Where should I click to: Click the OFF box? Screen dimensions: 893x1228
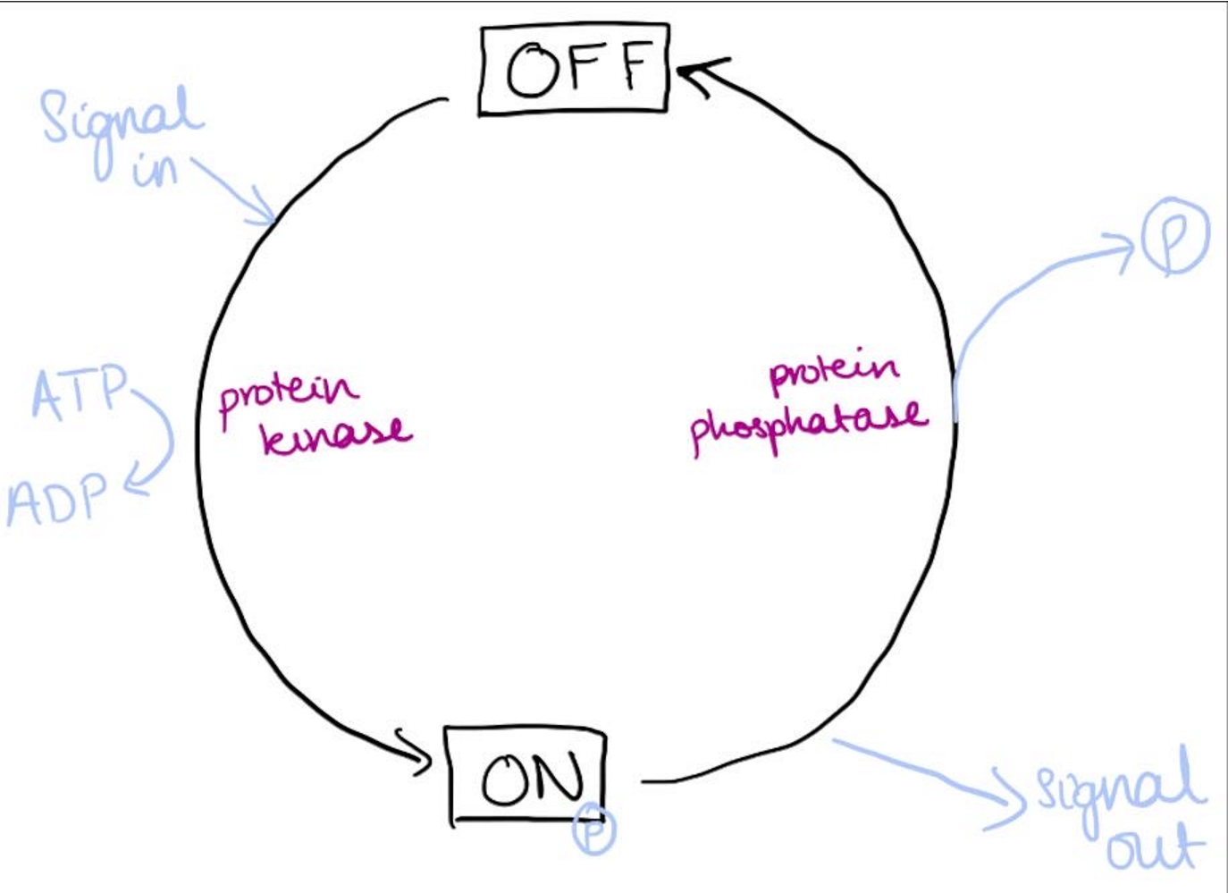(x=574, y=70)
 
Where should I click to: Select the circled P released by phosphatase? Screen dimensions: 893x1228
(x=1174, y=235)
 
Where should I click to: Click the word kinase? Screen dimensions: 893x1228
(x=336, y=435)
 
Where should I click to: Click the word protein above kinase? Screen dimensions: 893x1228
(x=286, y=393)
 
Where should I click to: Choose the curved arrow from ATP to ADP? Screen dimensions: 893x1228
(x=164, y=438)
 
